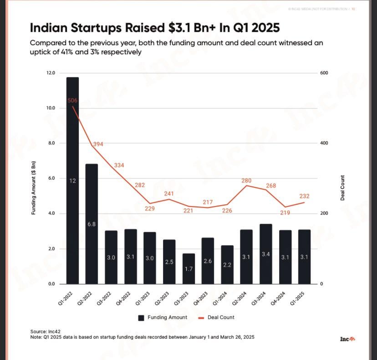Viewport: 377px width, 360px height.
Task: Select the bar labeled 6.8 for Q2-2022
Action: point(92,224)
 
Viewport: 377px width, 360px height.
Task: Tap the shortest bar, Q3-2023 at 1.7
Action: point(188,268)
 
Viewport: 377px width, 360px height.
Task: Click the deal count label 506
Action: point(72,100)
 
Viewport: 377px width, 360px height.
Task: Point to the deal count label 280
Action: point(246,181)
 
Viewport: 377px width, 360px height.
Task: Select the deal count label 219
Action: point(285,213)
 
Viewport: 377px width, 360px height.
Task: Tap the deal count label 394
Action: point(98,144)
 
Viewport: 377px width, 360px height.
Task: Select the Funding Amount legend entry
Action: point(163,317)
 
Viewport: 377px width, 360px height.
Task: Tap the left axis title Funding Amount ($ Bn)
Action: point(33,187)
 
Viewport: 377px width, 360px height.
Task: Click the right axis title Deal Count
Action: point(342,187)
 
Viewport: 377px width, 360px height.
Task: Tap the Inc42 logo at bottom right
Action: point(347,339)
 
